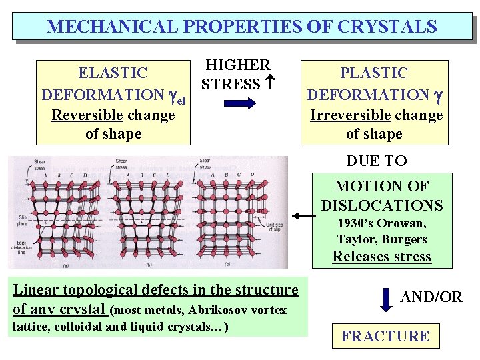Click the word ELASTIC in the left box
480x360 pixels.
(113, 73)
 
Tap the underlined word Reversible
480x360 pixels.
(87, 115)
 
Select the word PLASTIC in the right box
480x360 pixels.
(373, 73)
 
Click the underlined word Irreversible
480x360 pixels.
(351, 115)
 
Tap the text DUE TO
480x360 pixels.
(376, 161)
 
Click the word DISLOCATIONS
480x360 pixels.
(381, 205)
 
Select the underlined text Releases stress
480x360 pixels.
(381, 257)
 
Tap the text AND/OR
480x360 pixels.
(431, 297)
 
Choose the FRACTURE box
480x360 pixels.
(385, 336)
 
